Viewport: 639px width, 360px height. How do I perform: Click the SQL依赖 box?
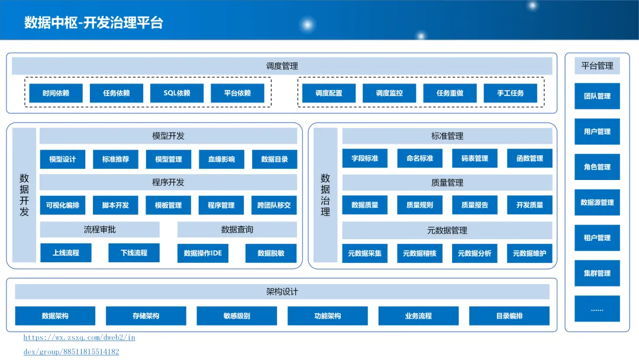coord(177,93)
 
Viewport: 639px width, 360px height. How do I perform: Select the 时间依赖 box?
coord(56,93)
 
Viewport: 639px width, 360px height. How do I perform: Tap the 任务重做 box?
coord(450,93)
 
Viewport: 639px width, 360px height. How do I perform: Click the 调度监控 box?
coord(389,93)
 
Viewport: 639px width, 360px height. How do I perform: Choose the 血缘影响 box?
coord(221,159)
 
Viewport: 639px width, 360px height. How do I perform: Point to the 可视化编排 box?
coord(62,205)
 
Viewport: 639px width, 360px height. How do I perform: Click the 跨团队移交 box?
coord(274,205)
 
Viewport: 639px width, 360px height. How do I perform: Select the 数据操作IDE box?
coord(203,253)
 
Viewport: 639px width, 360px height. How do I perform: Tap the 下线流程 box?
coord(134,253)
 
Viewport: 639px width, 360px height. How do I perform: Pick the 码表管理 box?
coord(475,158)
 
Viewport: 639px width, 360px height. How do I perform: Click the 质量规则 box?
coord(419,205)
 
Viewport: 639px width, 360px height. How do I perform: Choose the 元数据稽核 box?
coord(419,253)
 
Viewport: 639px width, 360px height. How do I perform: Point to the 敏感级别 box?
coord(237,316)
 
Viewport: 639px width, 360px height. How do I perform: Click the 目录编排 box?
coord(509,316)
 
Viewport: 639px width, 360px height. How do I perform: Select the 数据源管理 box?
coord(597,202)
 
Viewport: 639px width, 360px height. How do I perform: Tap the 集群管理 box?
coord(597,274)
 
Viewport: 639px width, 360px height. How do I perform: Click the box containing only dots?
coord(597,309)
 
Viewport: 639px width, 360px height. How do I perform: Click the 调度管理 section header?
coord(282,66)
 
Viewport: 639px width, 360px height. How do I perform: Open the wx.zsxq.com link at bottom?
coord(79,337)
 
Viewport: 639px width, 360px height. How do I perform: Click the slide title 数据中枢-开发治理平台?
coord(93,23)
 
